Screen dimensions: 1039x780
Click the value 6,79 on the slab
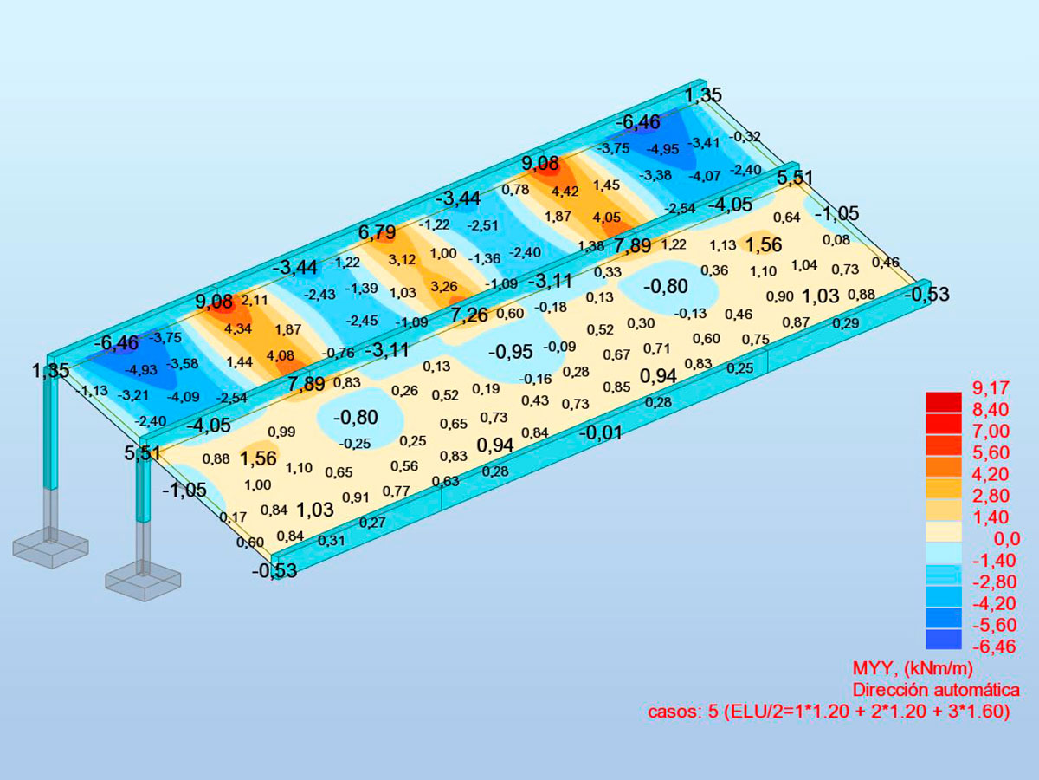377,232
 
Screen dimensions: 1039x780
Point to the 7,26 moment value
468,315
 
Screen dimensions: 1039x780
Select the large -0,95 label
510,352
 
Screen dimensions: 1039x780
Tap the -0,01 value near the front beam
600,432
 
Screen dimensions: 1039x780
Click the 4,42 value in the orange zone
565,192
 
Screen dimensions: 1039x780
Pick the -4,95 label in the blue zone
662,150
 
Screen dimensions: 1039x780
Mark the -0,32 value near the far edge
745,137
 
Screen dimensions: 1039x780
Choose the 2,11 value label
255,300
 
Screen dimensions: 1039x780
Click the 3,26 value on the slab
444,287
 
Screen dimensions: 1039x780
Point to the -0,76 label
338,353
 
